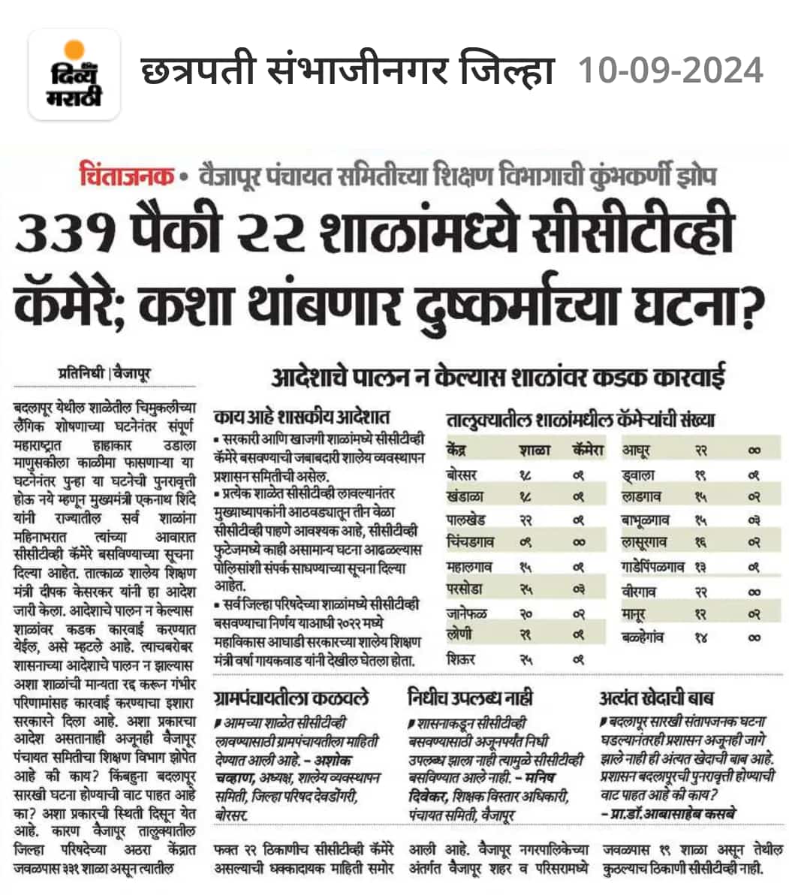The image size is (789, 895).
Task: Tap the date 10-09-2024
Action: [670, 71]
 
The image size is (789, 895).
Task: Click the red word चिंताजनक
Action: [125, 177]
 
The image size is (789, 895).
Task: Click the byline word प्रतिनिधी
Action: [82, 372]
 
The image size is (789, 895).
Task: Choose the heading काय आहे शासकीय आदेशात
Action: [301, 417]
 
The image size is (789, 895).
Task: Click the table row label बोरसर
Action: [462, 475]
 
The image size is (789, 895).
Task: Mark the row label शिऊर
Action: [460, 659]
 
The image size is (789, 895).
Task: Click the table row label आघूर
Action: [636, 451]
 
